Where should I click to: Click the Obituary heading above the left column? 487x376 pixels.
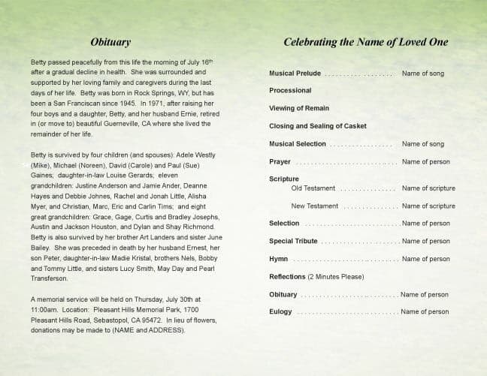pos(110,43)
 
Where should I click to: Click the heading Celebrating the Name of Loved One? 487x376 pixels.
pos(365,42)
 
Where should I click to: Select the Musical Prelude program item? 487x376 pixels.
pos(295,74)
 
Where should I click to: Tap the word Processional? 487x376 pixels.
pos(290,90)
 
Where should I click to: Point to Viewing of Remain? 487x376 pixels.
pos(298,108)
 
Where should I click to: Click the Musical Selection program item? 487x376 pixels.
pos(298,144)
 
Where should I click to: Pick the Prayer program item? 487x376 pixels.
pos(280,161)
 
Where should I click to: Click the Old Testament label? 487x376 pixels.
pos(313,188)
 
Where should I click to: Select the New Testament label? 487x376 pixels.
pos(315,206)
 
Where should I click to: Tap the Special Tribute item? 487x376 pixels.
pos(293,241)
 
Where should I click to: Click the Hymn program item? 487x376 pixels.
pos(279,259)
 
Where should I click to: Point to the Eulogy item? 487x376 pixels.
pos(280,311)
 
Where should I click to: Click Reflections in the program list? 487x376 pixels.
pos(287,277)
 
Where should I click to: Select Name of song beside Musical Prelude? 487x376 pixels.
pos(423,74)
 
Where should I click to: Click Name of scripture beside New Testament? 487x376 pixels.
pos(428,206)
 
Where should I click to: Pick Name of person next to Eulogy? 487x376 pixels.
pos(425,311)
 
